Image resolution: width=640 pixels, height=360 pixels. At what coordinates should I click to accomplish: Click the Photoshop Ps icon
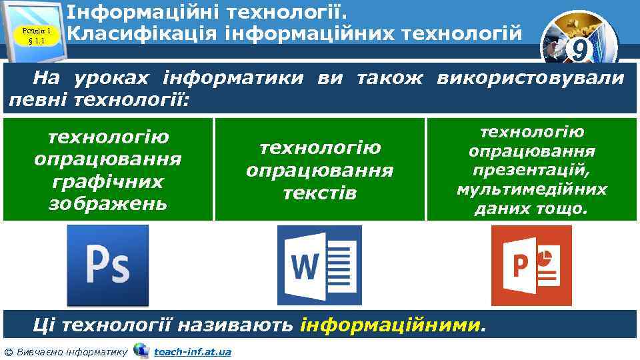(108, 265)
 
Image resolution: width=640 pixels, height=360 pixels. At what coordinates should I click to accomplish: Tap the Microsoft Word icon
(319, 265)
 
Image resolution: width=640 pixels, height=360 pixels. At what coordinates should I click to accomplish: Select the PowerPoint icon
(531, 265)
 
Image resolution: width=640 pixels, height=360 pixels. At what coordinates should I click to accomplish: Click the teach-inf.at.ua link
(192, 351)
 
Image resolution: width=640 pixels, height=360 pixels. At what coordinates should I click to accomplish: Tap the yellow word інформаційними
(389, 325)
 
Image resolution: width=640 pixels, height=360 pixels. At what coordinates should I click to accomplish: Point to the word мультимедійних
(531, 190)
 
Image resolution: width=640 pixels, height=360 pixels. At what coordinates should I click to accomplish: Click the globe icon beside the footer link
(141, 350)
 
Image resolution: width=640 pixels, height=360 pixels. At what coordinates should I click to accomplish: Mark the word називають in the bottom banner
(246, 325)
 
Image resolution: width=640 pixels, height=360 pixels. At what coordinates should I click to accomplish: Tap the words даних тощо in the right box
(531, 209)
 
